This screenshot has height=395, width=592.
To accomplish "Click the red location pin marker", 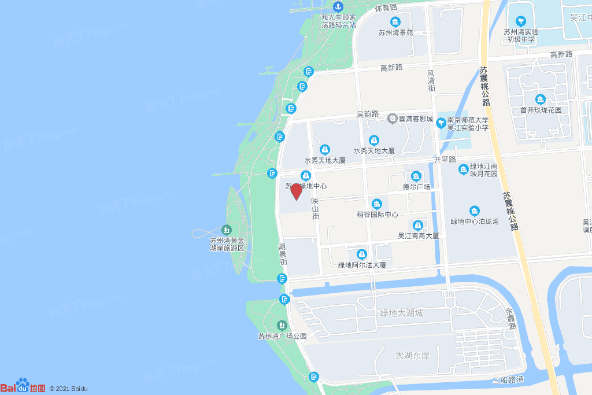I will [x=296, y=191].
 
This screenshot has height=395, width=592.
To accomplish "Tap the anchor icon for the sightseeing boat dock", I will [x=338, y=6].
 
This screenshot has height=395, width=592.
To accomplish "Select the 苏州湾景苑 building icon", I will [x=395, y=23].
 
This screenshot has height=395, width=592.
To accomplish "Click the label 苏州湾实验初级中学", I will [x=521, y=36].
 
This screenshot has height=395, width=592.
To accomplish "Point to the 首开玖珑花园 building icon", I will [x=541, y=99].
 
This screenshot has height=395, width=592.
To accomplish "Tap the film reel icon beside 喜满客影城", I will [x=393, y=119].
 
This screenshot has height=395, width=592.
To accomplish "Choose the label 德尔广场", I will [x=416, y=187].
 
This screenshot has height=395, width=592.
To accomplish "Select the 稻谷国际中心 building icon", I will [x=377, y=204].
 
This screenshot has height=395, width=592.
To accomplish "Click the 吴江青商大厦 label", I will [x=418, y=235].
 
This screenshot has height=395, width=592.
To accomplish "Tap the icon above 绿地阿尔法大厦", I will [x=362, y=254].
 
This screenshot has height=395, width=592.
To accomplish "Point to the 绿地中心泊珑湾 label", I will [x=475, y=221].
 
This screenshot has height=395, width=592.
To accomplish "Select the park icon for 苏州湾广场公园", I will [x=282, y=326].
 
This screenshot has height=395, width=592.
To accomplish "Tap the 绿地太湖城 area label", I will [x=401, y=313].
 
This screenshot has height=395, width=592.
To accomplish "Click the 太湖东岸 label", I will [x=412, y=355].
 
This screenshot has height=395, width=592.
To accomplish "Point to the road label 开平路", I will [x=445, y=159].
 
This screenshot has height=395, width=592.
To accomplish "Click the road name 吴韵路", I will [x=368, y=114].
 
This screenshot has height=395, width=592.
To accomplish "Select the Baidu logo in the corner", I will [x=23, y=387].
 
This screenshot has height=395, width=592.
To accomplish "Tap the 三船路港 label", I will [x=508, y=380].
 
